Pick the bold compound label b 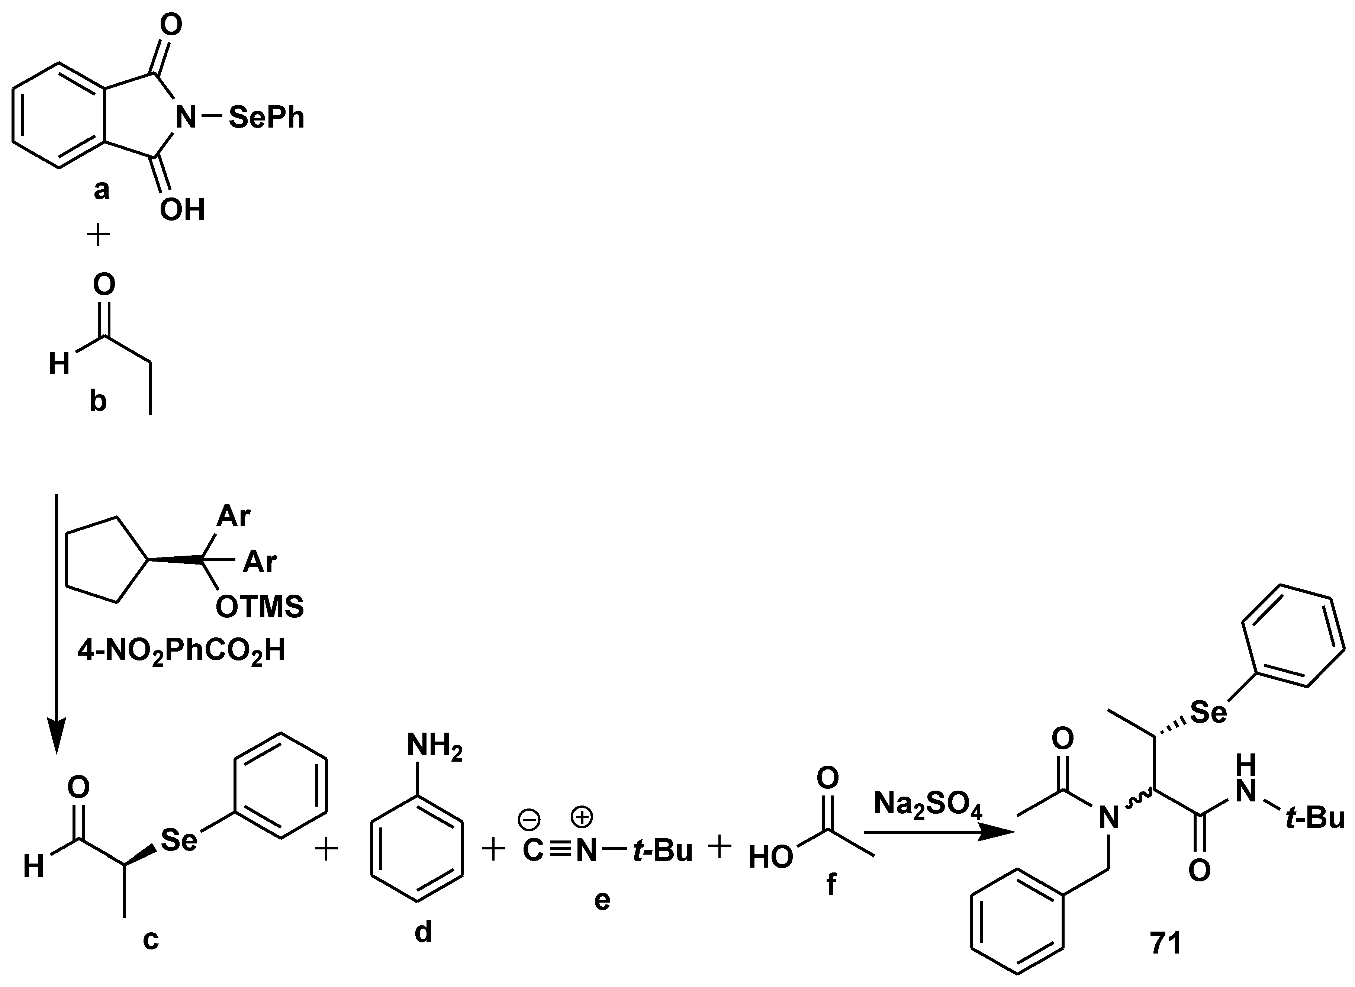point(98,402)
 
